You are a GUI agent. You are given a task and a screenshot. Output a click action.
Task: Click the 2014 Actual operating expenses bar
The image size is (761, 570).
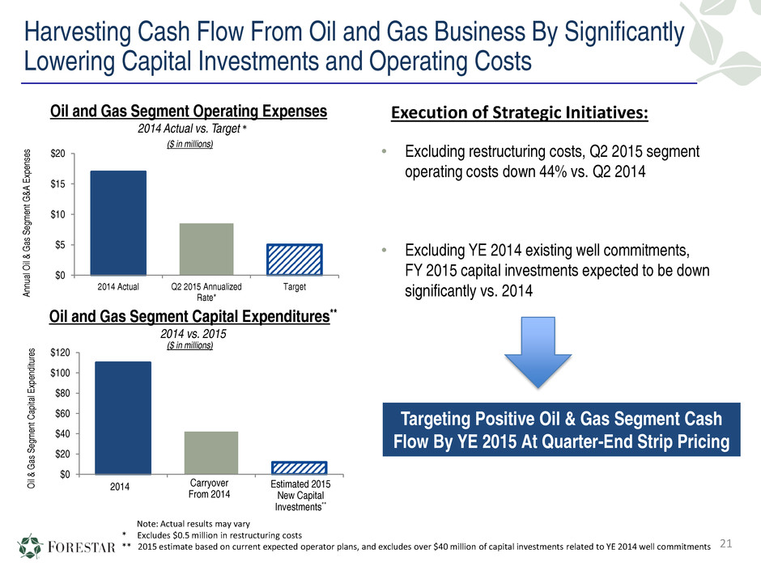click(x=118, y=222)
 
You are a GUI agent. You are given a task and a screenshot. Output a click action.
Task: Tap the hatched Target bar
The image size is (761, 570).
click(x=295, y=259)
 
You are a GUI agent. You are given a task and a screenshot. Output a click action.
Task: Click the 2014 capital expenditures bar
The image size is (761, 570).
click(x=123, y=417)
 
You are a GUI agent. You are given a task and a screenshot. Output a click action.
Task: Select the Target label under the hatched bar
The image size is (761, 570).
click(x=295, y=286)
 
